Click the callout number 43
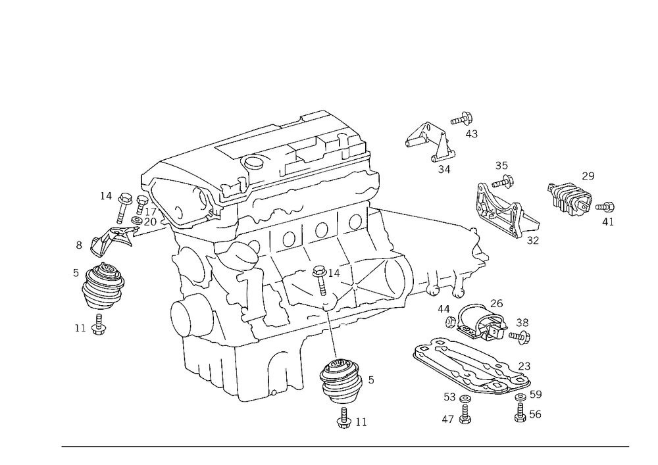(x=471, y=134)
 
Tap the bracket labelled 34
(x=430, y=141)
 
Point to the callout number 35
(x=501, y=166)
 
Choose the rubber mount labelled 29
(x=570, y=197)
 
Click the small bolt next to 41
(x=605, y=207)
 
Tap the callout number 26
(x=496, y=303)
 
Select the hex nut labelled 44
(x=450, y=322)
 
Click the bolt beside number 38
(x=520, y=336)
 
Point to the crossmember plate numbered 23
(x=472, y=366)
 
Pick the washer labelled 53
(x=465, y=398)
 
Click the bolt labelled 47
(x=465, y=414)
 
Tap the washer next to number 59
(x=520, y=397)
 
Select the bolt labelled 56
(x=520, y=412)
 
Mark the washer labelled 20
(x=136, y=220)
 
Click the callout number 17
(x=150, y=212)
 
